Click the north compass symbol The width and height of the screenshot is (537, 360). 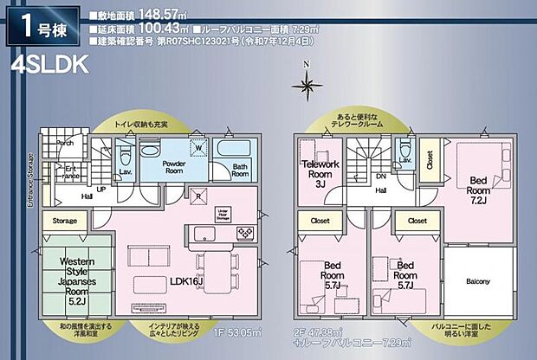[x=306, y=84]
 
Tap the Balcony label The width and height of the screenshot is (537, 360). [x=478, y=282]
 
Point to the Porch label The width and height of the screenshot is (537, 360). [x=64, y=142]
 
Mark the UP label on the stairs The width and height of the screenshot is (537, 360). [x=101, y=189]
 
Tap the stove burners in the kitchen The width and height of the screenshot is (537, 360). [x=246, y=232]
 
